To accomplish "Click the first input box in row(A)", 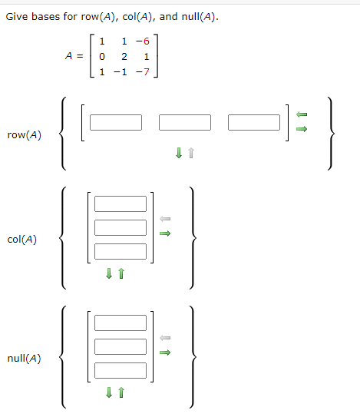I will click(116, 122).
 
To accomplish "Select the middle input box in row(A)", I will click(185, 122).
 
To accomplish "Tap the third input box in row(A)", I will click(254, 122).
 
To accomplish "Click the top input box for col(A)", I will click(121, 204).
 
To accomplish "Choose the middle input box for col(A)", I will click(121, 227).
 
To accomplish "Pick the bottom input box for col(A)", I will click(121, 251).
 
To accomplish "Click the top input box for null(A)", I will click(121, 323).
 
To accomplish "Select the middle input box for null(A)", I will click(121, 346).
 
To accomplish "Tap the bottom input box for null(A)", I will click(121, 370).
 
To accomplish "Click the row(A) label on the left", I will click(24, 135).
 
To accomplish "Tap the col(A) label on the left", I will click(23, 239).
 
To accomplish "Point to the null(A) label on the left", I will click(24, 358).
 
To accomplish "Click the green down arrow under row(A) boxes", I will click(179, 154).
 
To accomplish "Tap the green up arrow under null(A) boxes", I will click(121, 392).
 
